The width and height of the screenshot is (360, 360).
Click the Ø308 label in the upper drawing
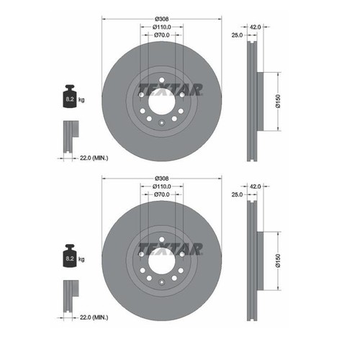click(x=162, y=19)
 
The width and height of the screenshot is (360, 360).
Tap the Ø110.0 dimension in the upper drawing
click(x=162, y=27)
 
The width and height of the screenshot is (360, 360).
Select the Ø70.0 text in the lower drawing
click(x=162, y=194)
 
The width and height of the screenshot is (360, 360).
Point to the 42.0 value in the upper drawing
click(x=255, y=27)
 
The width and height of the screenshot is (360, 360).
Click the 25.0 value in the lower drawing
click(x=237, y=194)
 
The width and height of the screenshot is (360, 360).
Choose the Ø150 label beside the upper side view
click(x=278, y=102)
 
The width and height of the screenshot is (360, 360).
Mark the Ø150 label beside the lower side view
click(x=278, y=261)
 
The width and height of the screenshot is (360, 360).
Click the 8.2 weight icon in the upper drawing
click(x=70, y=96)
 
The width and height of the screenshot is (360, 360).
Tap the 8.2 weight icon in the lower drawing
click(x=70, y=256)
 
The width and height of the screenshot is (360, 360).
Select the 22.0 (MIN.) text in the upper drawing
click(x=94, y=158)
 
